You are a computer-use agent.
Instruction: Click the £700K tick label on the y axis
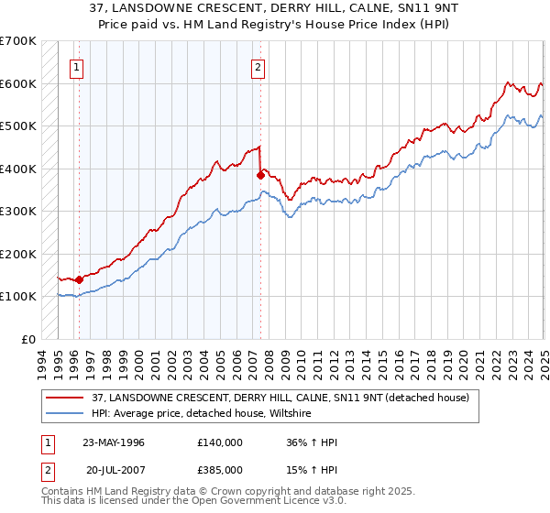click(x=17, y=41)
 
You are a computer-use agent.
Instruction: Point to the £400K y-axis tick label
click(x=17, y=169)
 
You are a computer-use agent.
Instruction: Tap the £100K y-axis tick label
click(x=17, y=296)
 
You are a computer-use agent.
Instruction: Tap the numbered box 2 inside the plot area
click(x=258, y=66)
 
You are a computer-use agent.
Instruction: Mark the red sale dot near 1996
click(x=80, y=279)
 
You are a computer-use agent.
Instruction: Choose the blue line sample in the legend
click(x=65, y=413)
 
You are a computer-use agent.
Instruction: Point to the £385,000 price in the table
click(x=219, y=469)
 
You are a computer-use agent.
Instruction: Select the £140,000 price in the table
click(x=219, y=442)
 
